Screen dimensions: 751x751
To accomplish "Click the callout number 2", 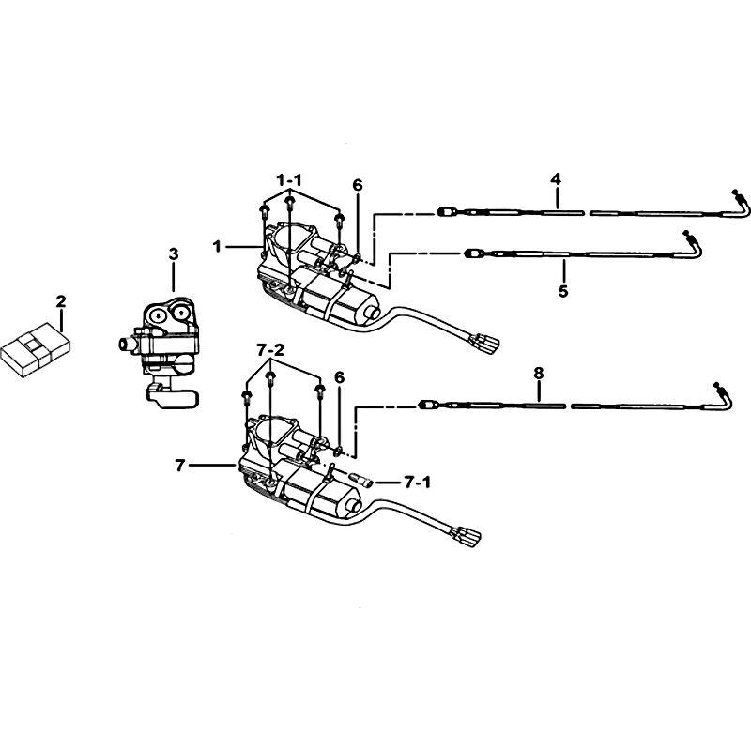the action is point(61,301).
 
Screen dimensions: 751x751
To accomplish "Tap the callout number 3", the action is point(174,253).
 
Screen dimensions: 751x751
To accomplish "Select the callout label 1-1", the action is point(289,180).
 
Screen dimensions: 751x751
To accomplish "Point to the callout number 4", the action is point(555,179).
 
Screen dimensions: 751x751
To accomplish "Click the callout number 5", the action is point(563,291).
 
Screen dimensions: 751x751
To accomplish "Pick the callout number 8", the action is point(539,373).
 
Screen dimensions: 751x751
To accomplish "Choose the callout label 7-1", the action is point(417,483).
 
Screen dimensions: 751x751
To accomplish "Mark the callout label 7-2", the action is point(270,350).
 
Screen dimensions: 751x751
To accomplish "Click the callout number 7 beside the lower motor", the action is point(180,465).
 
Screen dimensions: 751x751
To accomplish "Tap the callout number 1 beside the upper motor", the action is point(218,247).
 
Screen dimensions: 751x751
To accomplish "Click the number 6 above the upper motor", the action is point(358,185).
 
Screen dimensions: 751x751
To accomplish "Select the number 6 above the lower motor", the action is point(339,377).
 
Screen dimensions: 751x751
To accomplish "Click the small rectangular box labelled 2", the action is point(36,352).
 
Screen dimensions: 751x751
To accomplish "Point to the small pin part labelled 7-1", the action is point(360,479).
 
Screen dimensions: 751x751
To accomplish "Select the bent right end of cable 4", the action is point(738,203).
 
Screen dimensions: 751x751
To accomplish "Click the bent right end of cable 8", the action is point(723,396).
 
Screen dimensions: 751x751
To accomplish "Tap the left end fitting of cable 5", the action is point(475,253).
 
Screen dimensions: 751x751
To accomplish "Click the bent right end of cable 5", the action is point(693,244).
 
